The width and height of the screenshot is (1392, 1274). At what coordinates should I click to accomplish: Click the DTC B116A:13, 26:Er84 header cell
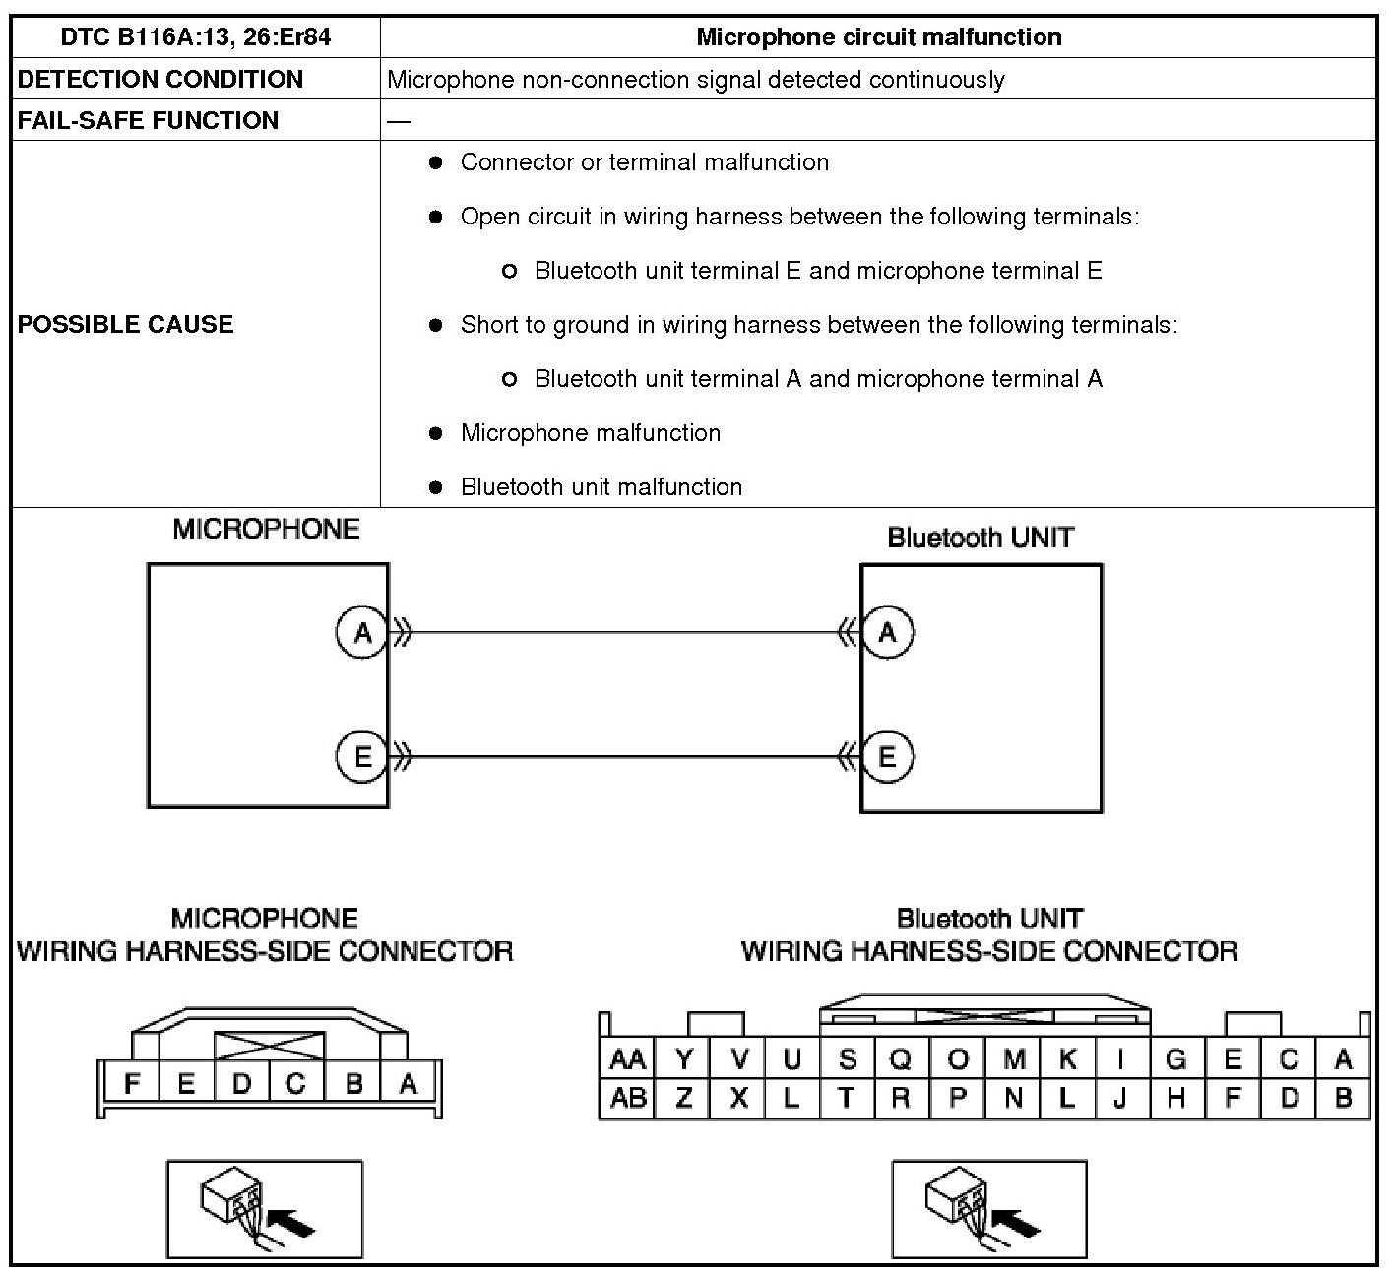[x=195, y=37]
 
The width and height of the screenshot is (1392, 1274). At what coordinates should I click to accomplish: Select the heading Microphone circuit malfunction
[x=878, y=37]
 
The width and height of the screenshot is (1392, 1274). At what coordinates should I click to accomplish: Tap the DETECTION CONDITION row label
[x=159, y=79]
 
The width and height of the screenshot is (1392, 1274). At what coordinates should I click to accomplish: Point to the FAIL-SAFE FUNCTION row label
[x=148, y=120]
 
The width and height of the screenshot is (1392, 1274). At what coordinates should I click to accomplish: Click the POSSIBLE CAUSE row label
[x=125, y=324]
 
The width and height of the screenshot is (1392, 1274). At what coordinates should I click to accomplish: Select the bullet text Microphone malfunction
[x=590, y=433]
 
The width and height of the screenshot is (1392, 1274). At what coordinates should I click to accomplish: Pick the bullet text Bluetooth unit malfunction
[x=601, y=487]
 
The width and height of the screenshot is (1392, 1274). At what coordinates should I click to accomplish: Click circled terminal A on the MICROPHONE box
[x=362, y=632]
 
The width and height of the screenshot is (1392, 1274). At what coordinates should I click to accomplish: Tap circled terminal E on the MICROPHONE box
[x=362, y=756]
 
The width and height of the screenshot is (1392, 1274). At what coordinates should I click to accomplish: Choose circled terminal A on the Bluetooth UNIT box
[x=887, y=632]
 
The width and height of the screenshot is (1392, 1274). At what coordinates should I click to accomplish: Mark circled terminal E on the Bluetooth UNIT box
[x=887, y=756]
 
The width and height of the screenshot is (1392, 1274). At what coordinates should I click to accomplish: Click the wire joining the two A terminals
[x=625, y=632]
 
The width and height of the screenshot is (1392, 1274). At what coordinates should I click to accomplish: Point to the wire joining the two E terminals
[x=625, y=757]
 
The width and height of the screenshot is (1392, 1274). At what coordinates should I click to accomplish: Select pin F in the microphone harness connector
[x=131, y=1084]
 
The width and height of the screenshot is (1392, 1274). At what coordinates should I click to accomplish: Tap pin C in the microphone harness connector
[x=295, y=1084]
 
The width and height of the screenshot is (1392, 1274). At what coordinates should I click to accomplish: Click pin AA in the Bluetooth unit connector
[x=627, y=1059]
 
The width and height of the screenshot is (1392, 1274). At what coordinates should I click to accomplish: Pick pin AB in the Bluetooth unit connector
[x=627, y=1098]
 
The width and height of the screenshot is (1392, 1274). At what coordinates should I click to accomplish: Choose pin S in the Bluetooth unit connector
[x=846, y=1059]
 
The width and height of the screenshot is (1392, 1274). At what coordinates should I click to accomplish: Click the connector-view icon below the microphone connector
[x=265, y=1209]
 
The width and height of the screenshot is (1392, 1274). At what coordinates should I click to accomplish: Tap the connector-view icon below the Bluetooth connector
[x=989, y=1209]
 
